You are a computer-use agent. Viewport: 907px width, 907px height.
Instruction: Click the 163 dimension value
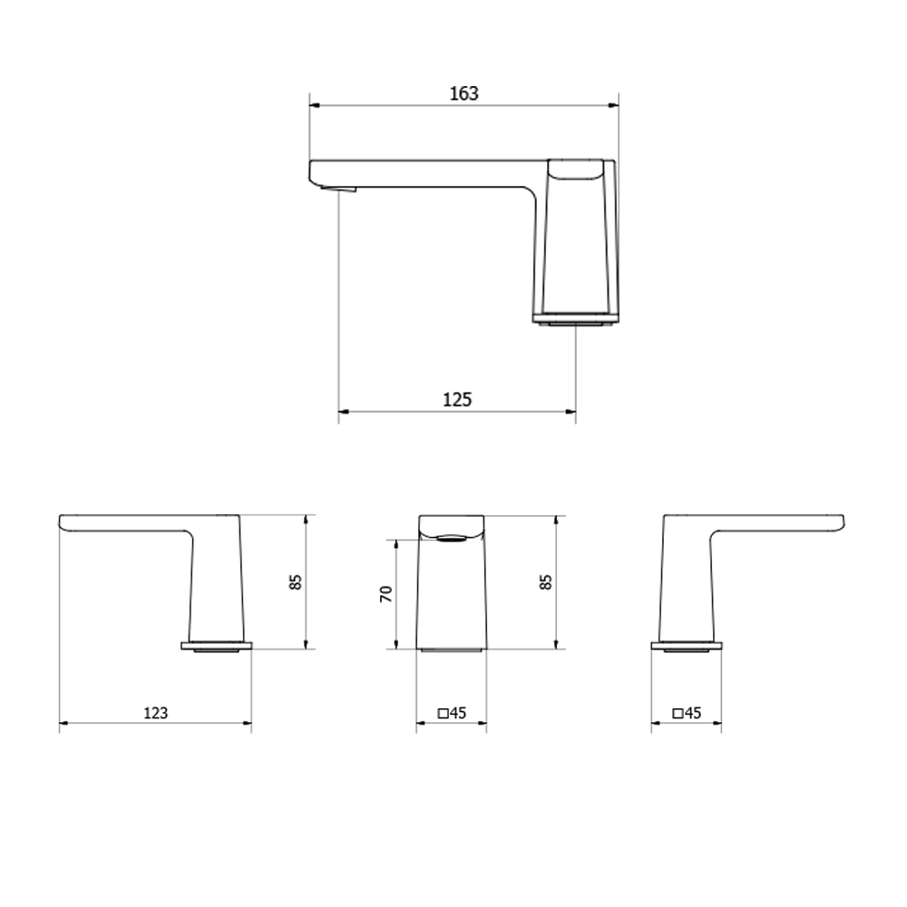[463, 93]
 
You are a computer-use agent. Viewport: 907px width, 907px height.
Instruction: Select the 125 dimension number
[457, 399]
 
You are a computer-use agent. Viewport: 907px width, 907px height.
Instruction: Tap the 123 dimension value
[156, 713]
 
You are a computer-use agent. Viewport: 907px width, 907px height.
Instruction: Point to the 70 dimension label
[385, 594]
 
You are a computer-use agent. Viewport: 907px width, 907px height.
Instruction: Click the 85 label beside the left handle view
[295, 582]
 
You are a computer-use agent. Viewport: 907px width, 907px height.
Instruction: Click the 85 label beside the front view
[545, 582]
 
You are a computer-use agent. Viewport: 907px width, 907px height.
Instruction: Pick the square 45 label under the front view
[451, 713]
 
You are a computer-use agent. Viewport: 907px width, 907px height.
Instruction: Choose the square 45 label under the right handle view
[687, 713]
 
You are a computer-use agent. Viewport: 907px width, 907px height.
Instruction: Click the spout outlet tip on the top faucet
[340, 189]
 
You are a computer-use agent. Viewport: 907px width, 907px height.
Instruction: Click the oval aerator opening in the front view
[452, 538]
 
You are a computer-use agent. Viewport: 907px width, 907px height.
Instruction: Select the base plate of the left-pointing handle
[216, 647]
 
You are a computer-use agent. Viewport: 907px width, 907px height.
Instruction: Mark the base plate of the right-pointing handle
[687, 647]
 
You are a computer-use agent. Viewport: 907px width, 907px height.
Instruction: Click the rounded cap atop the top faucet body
[577, 169]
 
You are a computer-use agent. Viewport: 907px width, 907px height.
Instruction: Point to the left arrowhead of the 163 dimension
[314, 105]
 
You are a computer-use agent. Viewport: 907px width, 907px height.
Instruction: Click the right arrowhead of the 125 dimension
[571, 412]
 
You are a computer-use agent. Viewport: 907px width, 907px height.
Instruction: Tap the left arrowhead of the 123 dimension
[63, 723]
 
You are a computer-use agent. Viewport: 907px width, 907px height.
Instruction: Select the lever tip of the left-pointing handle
[63, 522]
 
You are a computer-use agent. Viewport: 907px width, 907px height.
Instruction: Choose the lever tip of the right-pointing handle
[840, 522]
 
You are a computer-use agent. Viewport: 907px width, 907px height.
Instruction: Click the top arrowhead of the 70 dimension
[396, 543]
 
